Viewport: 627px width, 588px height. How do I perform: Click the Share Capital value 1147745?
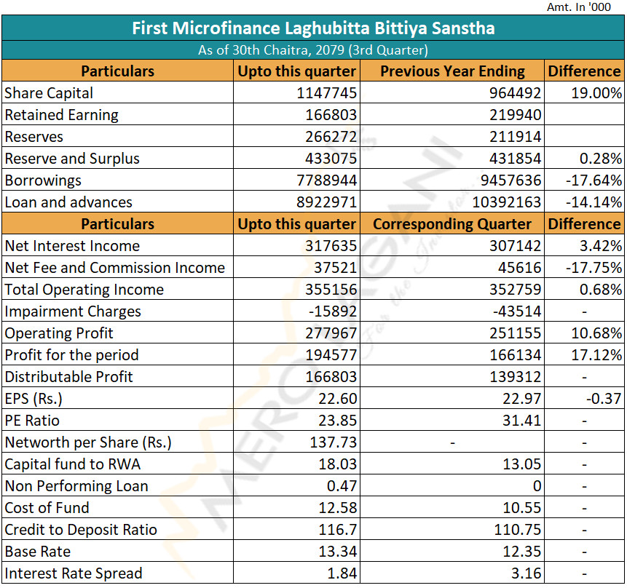(326, 93)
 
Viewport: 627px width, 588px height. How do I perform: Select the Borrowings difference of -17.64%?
(594, 180)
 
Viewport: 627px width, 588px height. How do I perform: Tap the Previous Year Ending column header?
(452, 71)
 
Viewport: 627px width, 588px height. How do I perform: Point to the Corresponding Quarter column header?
(451, 224)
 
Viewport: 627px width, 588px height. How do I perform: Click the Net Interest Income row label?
(72, 246)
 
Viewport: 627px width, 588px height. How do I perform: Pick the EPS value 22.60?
(337, 399)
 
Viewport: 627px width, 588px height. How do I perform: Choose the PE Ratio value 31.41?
(522, 421)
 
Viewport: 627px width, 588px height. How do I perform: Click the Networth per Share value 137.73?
(333, 442)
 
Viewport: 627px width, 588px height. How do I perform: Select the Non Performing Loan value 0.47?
(342, 486)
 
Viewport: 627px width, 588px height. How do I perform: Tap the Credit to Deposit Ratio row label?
(81, 530)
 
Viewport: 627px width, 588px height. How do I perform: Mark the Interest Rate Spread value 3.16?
(526, 573)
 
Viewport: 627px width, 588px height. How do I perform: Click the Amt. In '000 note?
(579, 7)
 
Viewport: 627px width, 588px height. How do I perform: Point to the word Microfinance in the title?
(226, 28)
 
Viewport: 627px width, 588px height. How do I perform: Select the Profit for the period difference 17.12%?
(596, 355)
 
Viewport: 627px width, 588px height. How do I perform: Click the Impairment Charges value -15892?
(332, 311)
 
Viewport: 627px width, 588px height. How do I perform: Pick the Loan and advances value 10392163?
(507, 202)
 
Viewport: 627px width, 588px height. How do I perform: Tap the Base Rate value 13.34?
(337, 552)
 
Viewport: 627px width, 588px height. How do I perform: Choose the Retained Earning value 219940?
(516, 115)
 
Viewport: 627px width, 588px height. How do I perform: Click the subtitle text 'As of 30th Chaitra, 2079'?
(271, 50)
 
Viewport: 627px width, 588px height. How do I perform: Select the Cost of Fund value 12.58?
(337, 508)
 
